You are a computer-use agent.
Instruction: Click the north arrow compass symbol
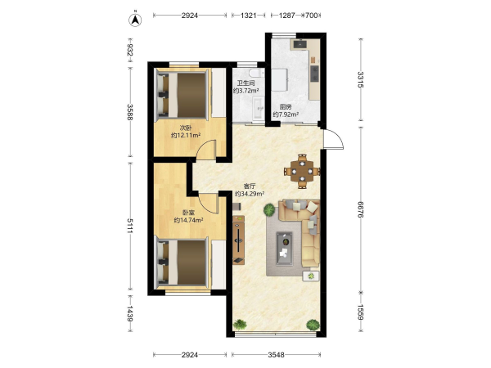(x=135, y=20)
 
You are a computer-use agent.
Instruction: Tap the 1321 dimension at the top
(x=249, y=16)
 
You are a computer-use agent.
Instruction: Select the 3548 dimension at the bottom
(x=277, y=355)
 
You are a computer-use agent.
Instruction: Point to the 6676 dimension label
(x=361, y=209)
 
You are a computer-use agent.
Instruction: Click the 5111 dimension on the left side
(x=129, y=226)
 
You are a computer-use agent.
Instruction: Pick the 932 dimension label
(x=129, y=50)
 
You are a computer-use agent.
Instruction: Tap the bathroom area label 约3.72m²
(x=245, y=91)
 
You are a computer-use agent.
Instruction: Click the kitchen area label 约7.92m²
(x=286, y=114)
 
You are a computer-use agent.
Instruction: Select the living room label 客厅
(x=250, y=186)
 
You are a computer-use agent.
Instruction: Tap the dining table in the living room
(x=302, y=171)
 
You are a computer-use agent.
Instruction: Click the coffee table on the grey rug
(x=284, y=249)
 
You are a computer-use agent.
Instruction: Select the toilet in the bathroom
(x=256, y=73)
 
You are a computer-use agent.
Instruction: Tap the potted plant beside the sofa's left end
(x=269, y=209)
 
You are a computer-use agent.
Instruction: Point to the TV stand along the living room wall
(x=239, y=240)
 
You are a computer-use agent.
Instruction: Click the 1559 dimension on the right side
(x=361, y=312)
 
